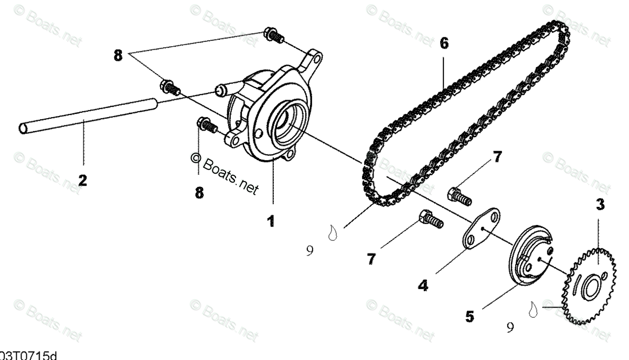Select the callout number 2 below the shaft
[x=82, y=181]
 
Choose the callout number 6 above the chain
[x=444, y=43]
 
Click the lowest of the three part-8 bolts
[x=207, y=125]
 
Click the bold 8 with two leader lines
[x=119, y=56]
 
